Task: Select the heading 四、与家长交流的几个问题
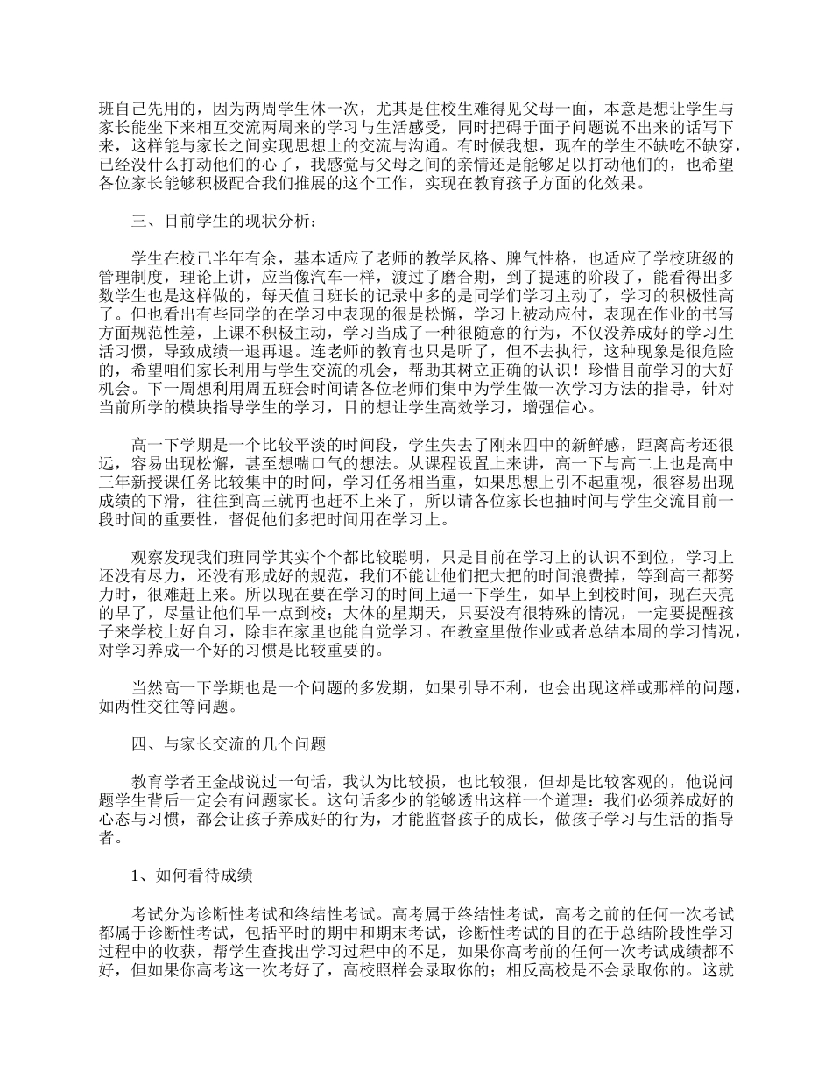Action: click(x=229, y=745)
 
